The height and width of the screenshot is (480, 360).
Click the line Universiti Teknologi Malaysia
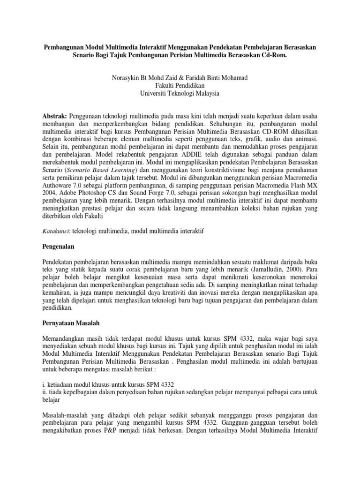click(x=180, y=93)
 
